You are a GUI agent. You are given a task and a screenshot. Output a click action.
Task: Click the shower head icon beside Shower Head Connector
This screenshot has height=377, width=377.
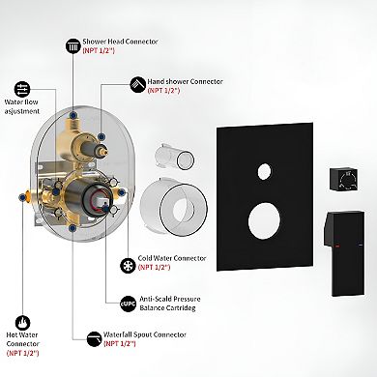(x=73, y=46)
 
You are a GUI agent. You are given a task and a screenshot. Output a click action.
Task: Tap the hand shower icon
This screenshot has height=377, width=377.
(x=138, y=85)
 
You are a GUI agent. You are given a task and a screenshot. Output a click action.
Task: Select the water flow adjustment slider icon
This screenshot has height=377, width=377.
(x=22, y=89)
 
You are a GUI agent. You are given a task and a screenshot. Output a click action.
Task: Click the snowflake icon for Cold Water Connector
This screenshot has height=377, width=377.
(x=128, y=266)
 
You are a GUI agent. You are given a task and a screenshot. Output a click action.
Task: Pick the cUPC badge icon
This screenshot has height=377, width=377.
(x=128, y=304)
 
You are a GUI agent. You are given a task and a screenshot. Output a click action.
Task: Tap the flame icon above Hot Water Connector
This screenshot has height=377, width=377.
(x=23, y=323)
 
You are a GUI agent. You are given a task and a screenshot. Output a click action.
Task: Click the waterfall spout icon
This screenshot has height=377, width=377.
(x=94, y=339)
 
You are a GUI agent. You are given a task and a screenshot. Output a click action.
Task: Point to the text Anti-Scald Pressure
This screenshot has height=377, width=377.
(x=170, y=299)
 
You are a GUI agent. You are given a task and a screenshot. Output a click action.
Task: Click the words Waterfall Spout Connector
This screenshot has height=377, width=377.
(x=145, y=334)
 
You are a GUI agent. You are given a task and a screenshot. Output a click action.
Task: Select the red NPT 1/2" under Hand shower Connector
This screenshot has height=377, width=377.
(x=163, y=91)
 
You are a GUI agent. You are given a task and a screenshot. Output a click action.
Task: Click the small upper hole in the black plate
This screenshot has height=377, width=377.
(x=264, y=171)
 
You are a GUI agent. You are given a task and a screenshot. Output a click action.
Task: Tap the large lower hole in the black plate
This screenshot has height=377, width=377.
(x=264, y=221)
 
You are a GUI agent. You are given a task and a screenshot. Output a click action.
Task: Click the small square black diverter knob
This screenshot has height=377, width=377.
(x=344, y=179)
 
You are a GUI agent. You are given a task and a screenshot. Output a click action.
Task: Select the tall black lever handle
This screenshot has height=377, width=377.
(x=344, y=253)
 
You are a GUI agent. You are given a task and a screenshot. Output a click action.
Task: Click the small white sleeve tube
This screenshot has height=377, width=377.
(x=174, y=157)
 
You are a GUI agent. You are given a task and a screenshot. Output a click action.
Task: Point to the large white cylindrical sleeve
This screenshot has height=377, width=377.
(x=174, y=206)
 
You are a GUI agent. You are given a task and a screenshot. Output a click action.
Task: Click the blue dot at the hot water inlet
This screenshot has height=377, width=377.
(x=22, y=197)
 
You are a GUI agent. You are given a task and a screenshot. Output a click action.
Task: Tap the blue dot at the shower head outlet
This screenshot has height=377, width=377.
(x=73, y=115)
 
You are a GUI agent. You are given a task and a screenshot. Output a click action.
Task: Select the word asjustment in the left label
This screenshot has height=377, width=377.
(x=22, y=111)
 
